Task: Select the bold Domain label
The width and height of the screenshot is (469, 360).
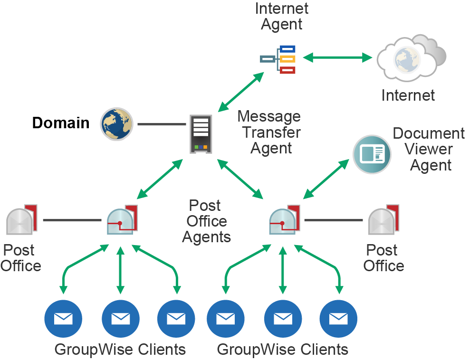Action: (60, 123)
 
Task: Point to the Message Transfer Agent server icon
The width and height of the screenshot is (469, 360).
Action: (201, 133)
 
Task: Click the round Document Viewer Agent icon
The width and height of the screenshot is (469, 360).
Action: (372, 154)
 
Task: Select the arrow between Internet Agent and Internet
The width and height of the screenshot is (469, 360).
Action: (338, 58)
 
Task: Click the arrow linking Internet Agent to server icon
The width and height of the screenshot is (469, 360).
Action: (241, 92)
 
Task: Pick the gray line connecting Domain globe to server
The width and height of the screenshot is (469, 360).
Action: (162, 124)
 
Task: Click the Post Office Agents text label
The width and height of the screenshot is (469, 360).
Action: (206, 221)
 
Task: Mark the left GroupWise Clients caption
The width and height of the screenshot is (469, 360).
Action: (120, 350)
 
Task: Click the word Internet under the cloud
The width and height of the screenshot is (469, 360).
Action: (408, 95)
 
